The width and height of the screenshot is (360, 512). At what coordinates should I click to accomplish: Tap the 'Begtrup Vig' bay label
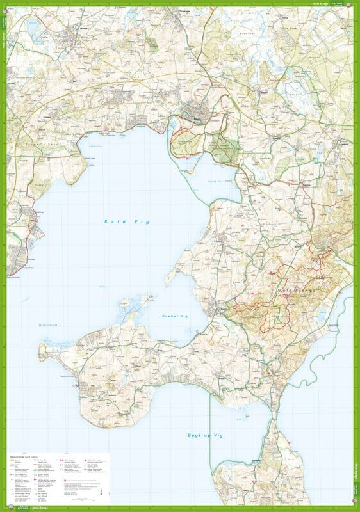[x=204, y=435]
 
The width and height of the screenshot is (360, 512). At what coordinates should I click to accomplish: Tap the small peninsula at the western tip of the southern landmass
[x=44, y=351]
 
